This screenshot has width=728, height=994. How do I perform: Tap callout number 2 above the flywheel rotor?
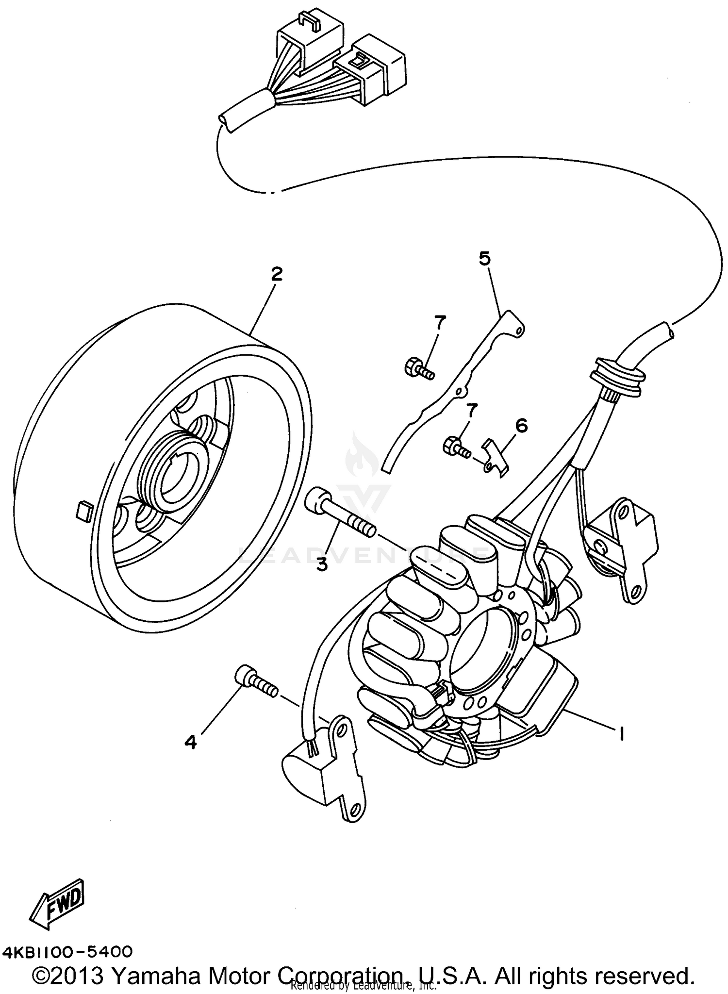[276, 274]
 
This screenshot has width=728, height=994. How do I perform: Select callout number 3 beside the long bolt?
[322, 564]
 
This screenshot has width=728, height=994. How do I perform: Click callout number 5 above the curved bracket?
[484, 259]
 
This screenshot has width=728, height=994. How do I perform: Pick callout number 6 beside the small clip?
[521, 426]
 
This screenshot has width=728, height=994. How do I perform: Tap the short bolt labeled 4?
[256, 681]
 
